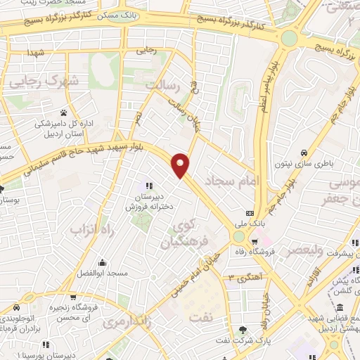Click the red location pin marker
[x=181, y=165]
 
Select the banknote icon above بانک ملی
[x=250, y=213]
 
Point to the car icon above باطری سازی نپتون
[x=304, y=153]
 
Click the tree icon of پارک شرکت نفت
[x=243, y=329]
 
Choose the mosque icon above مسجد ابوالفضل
[x=103, y=262]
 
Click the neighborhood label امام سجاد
[x=233, y=181]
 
